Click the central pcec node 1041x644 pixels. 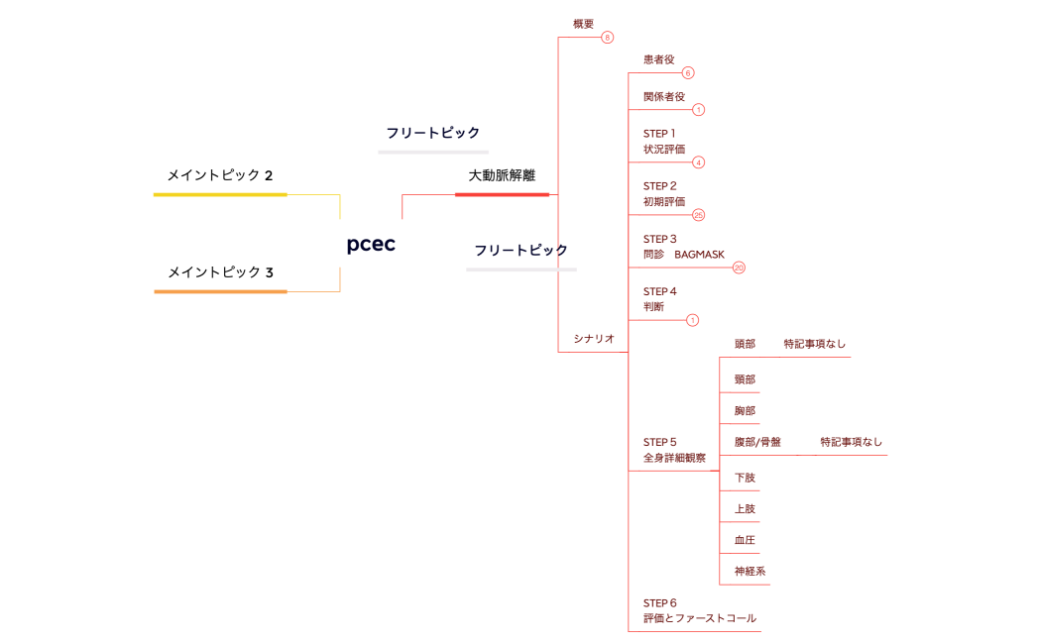pos(371,245)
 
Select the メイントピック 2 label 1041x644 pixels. pos(219,175)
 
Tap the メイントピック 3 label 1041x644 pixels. pos(220,272)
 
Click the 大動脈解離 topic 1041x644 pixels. pos(502,175)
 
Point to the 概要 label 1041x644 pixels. pos(583,24)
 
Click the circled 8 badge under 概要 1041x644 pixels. pos(608,38)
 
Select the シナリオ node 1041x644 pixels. pos(594,339)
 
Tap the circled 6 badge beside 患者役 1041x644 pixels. pos(688,72)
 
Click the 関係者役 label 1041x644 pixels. pos(664,96)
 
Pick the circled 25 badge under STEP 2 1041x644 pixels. pos(698,215)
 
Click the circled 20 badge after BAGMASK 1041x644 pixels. pos(739,268)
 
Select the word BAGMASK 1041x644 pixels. pos(700,255)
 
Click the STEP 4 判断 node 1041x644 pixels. pos(659,299)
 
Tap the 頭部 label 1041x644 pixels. pos(745,344)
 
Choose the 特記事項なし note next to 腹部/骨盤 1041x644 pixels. pos(851,442)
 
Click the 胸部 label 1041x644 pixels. pos(745,410)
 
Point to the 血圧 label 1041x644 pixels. pos(745,540)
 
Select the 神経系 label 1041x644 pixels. pos(750,572)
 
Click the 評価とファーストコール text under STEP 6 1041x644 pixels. pos(700,618)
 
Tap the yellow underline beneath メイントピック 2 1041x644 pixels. pos(220,195)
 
